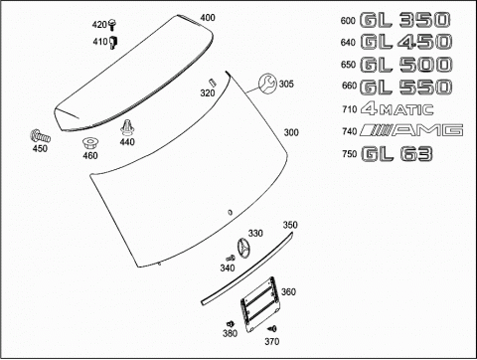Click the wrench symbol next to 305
click(267, 84)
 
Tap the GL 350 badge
click(404, 20)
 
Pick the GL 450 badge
click(405, 42)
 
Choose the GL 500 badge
click(405, 65)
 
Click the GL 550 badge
click(405, 87)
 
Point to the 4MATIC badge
click(397, 109)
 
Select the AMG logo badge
click(411, 130)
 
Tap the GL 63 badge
click(397, 154)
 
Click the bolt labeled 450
click(40, 136)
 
